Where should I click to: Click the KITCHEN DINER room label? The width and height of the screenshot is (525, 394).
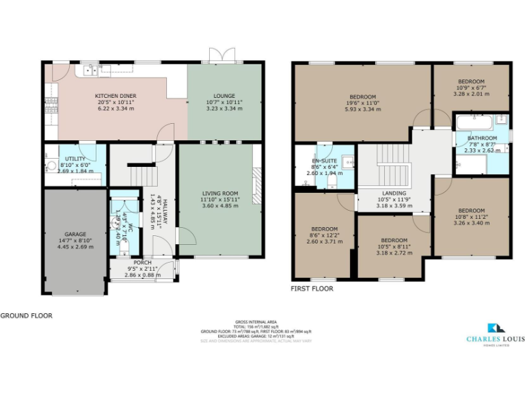116,96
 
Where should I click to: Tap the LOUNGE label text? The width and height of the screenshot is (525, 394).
224,96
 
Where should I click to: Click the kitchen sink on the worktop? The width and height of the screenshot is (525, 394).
106,68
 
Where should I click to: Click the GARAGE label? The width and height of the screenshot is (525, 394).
75,233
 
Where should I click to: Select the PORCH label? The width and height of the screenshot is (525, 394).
142,263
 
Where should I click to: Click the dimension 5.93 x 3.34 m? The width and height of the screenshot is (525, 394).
362,109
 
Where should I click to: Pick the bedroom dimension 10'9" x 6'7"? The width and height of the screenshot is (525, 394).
471,88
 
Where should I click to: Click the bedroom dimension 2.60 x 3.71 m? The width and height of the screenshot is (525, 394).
322,241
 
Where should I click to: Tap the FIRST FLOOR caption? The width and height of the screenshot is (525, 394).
312,289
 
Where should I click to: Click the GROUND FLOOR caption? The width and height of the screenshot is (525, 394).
25,316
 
